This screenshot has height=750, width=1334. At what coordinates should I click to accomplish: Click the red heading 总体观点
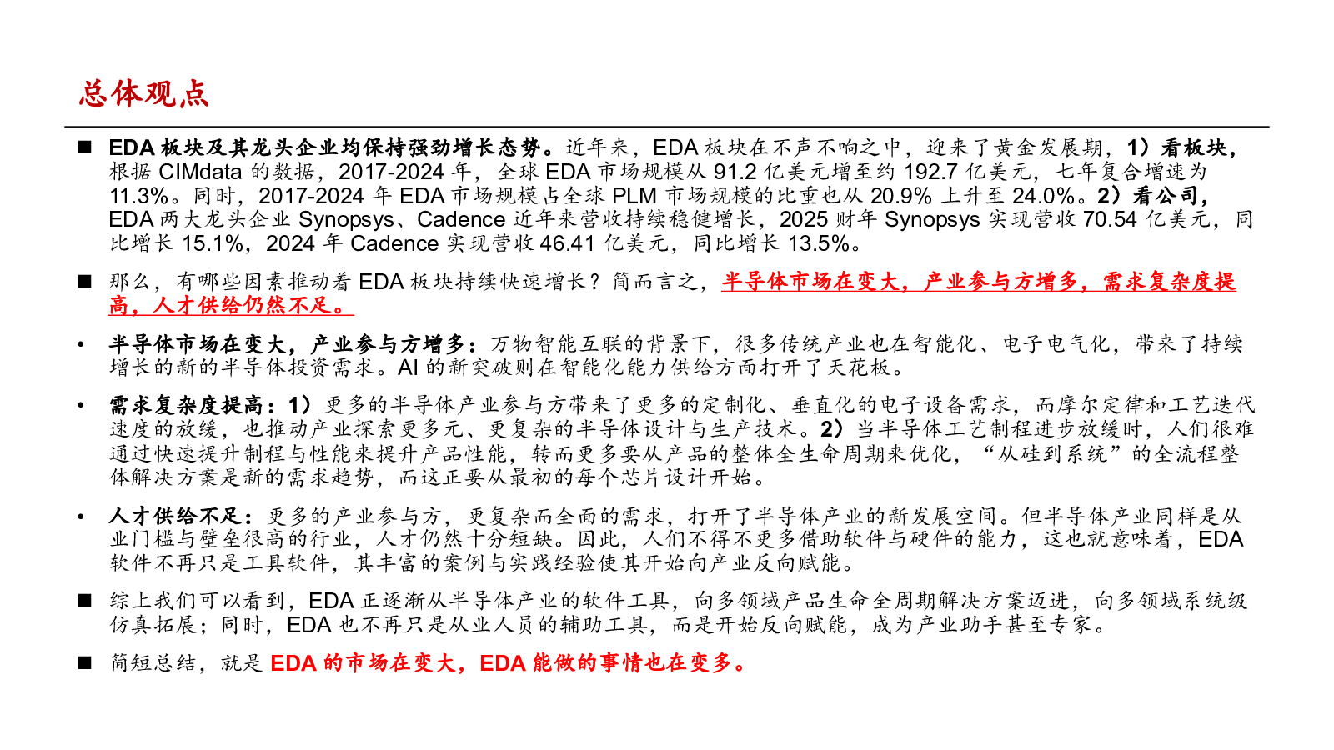[143, 93]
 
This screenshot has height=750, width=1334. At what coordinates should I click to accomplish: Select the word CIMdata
[199, 172]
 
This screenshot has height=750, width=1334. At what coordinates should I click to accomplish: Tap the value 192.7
[935, 172]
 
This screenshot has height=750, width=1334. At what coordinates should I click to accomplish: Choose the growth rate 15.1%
[213, 243]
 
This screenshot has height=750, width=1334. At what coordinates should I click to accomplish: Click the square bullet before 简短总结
[84, 662]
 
